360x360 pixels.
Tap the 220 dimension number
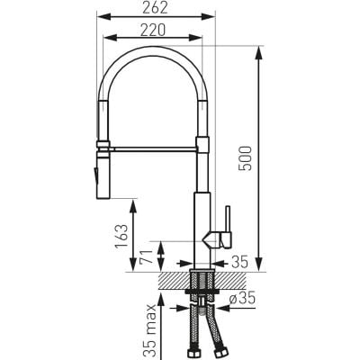[152, 31]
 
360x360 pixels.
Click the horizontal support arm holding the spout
[153, 142]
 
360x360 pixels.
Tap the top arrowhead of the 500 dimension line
[262, 46]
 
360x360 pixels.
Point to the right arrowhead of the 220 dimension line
[201, 40]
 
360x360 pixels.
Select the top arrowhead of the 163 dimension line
[135, 203]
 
